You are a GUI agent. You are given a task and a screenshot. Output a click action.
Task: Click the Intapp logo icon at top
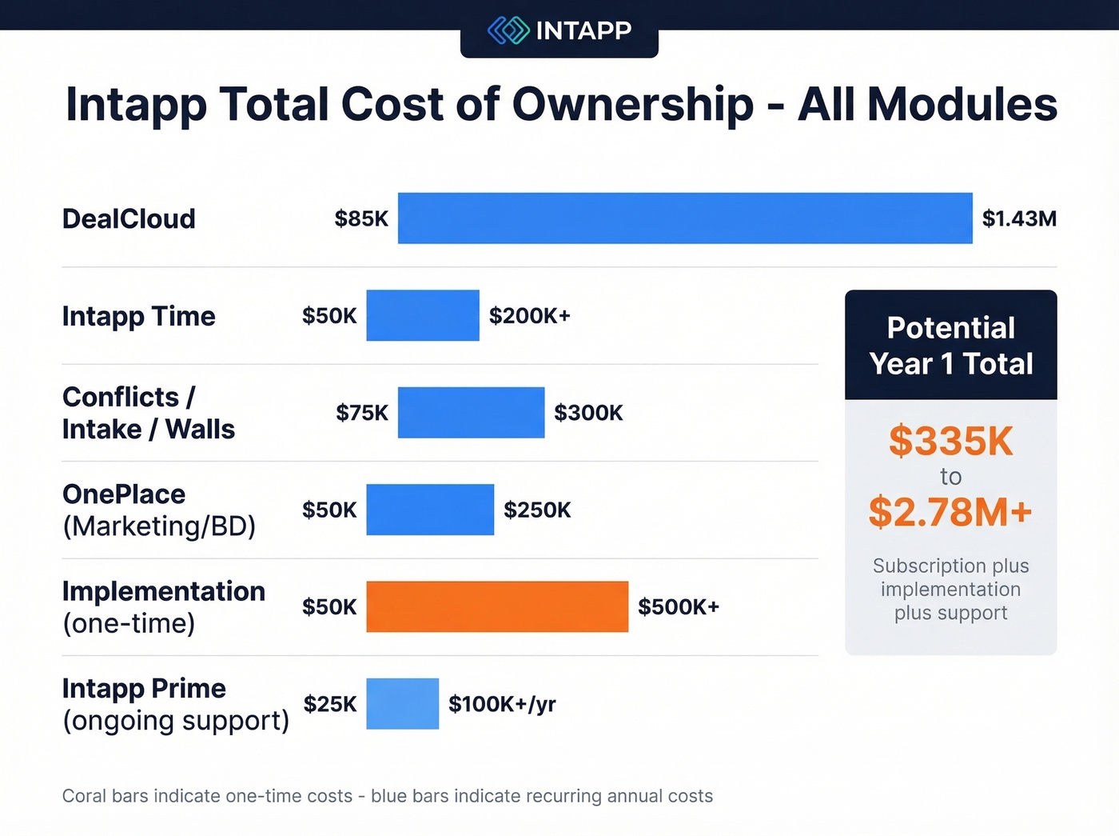[x=508, y=30]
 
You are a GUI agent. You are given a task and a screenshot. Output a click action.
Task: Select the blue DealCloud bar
[x=685, y=218]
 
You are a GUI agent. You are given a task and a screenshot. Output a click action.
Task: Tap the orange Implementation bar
[x=497, y=606]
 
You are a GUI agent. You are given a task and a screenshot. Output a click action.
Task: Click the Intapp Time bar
[x=423, y=315]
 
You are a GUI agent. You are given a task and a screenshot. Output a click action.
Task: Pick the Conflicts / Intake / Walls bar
[x=471, y=413]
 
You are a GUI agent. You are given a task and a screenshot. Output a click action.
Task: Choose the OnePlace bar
[x=430, y=510]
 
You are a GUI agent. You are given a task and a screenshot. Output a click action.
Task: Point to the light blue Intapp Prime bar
[x=402, y=704]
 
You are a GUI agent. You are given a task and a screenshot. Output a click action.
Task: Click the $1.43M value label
[x=1019, y=218]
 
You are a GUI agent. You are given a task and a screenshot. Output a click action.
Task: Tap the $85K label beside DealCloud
[x=361, y=218]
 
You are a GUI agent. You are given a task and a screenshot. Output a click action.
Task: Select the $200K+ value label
[x=530, y=316]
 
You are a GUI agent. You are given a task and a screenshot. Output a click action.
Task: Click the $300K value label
[x=588, y=413]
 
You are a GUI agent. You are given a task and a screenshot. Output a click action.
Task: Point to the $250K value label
[x=537, y=510]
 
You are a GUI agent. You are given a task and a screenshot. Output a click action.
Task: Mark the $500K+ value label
[x=679, y=607]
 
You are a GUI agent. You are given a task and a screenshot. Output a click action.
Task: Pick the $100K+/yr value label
[x=502, y=704]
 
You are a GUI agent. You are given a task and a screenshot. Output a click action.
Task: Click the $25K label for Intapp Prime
[x=330, y=704]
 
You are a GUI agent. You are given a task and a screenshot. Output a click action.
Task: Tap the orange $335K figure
[x=950, y=441]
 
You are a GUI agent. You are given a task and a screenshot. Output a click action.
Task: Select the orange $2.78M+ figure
[x=950, y=512]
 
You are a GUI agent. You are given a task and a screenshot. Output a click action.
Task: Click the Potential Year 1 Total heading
[x=950, y=346]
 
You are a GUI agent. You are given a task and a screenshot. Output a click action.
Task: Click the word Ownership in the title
[x=632, y=105]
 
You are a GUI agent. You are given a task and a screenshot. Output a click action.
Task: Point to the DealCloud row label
[x=129, y=218]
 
